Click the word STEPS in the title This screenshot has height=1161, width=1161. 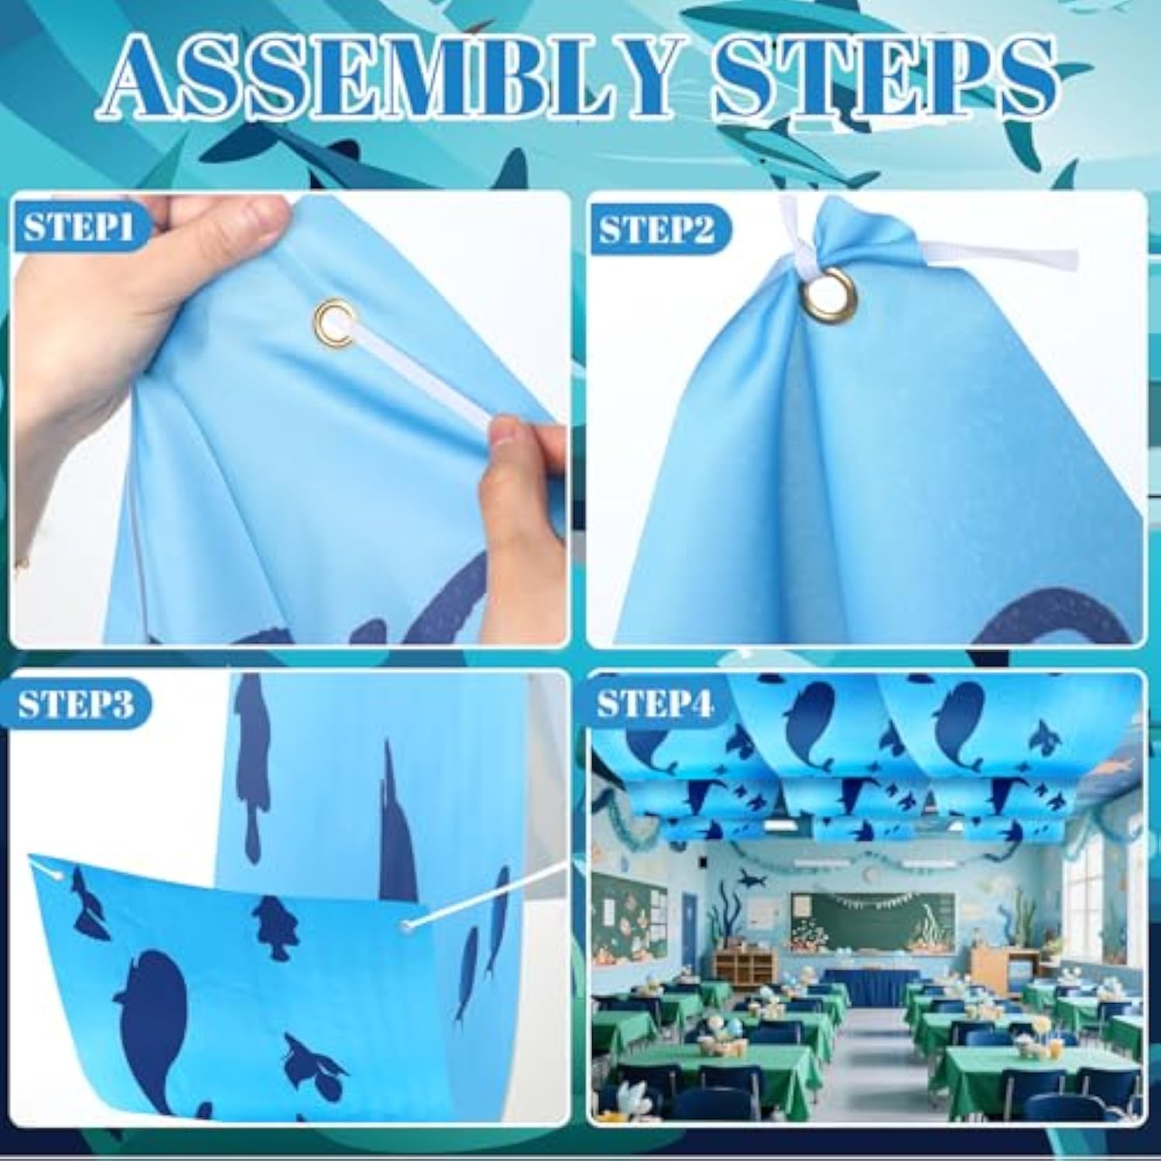click(x=882, y=77)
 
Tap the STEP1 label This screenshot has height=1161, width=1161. click(x=78, y=227)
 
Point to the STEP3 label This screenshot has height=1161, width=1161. click(x=77, y=704)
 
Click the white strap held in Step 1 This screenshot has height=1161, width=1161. click(x=426, y=372)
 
